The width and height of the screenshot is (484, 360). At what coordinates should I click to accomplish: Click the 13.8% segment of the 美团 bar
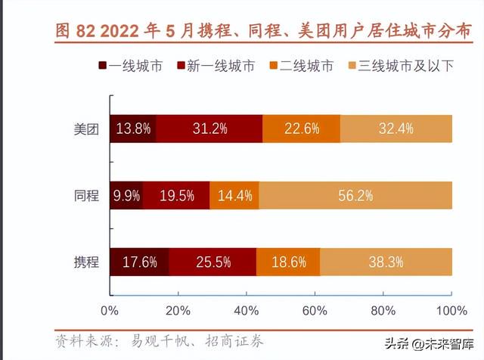(x=133, y=129)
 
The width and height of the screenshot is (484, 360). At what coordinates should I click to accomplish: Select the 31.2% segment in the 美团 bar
(x=209, y=129)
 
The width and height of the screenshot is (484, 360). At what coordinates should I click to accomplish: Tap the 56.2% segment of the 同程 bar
(x=355, y=195)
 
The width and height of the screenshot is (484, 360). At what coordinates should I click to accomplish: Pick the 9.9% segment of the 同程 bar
(x=126, y=195)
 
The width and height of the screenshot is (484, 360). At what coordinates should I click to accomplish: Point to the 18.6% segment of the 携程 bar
(x=288, y=262)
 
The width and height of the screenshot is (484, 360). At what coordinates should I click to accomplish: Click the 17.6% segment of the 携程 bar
(x=139, y=262)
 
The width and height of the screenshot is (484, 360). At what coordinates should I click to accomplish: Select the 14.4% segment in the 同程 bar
(x=234, y=195)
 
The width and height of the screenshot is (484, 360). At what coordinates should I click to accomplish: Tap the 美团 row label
(x=86, y=129)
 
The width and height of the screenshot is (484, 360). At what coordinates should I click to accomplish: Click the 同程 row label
(x=86, y=196)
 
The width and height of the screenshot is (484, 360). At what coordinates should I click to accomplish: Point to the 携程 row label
(x=86, y=262)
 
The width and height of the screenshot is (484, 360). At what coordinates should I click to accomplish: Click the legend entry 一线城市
(x=131, y=66)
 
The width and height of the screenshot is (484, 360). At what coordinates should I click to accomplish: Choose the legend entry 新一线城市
(x=216, y=66)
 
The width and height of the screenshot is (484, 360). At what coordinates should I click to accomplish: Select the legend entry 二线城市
(x=302, y=66)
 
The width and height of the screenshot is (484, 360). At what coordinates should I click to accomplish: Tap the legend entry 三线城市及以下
(x=401, y=66)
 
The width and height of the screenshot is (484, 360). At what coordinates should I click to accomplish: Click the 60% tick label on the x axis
(x=315, y=311)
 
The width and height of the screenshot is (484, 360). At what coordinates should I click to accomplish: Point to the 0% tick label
(x=110, y=311)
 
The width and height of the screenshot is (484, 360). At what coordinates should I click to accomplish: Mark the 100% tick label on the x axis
(x=451, y=311)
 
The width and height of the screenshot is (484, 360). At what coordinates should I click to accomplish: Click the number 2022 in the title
(x=119, y=31)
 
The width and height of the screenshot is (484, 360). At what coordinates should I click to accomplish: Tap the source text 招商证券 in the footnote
(x=234, y=342)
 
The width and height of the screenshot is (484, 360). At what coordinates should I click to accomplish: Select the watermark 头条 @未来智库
(x=429, y=343)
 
